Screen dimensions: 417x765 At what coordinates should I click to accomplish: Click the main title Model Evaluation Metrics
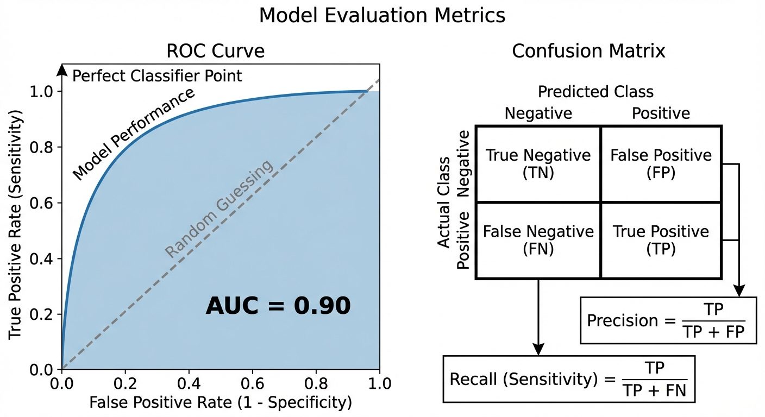[382, 15]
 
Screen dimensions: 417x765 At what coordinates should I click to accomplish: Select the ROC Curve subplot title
[216, 51]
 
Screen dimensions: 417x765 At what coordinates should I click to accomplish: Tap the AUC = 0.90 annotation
[278, 306]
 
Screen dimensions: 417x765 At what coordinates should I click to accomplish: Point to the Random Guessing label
[219, 210]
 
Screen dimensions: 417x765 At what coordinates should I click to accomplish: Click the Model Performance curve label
[134, 134]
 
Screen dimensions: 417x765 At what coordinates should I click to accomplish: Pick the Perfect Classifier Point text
[157, 75]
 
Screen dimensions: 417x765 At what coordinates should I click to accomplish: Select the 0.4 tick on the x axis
[189, 384]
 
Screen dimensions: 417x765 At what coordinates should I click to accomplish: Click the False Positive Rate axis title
[221, 402]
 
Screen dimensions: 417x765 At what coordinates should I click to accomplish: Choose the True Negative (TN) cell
[538, 163]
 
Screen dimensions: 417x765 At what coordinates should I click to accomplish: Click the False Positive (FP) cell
[661, 163]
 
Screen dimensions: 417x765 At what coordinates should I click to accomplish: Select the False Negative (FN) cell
[538, 240]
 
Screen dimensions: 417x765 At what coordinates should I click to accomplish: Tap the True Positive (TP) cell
[661, 240]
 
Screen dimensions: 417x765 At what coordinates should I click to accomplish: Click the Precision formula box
[668, 320]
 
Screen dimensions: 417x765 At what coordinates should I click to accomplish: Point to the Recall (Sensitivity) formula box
[569, 379]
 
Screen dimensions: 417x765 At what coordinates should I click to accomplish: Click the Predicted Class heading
[595, 91]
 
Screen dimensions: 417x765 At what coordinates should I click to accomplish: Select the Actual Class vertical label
[444, 202]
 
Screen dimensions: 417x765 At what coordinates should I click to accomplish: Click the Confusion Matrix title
[588, 51]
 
